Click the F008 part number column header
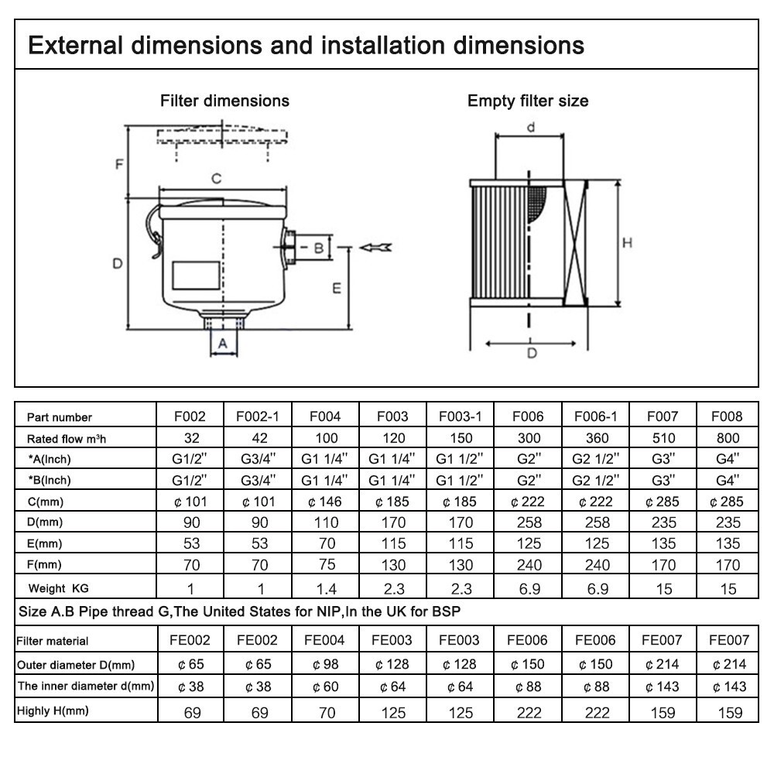click(x=727, y=416)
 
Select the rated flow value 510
click(x=663, y=438)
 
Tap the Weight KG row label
click(x=58, y=588)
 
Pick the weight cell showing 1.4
click(x=327, y=588)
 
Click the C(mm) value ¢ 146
click(x=325, y=502)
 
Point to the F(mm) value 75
click(x=327, y=564)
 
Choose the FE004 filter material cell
click(x=324, y=640)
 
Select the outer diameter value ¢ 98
click(x=325, y=664)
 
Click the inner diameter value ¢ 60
click(x=325, y=687)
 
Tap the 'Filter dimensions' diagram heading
click(x=224, y=101)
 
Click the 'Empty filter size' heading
click(x=528, y=101)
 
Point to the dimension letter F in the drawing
click(x=119, y=164)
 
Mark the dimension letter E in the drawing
click(x=337, y=288)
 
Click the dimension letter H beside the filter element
click(x=627, y=243)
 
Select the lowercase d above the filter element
click(x=531, y=128)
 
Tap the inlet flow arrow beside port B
click(x=375, y=248)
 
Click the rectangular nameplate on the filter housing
click(x=196, y=276)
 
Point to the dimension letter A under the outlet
click(x=223, y=343)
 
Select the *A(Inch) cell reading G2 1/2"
click(x=596, y=459)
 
